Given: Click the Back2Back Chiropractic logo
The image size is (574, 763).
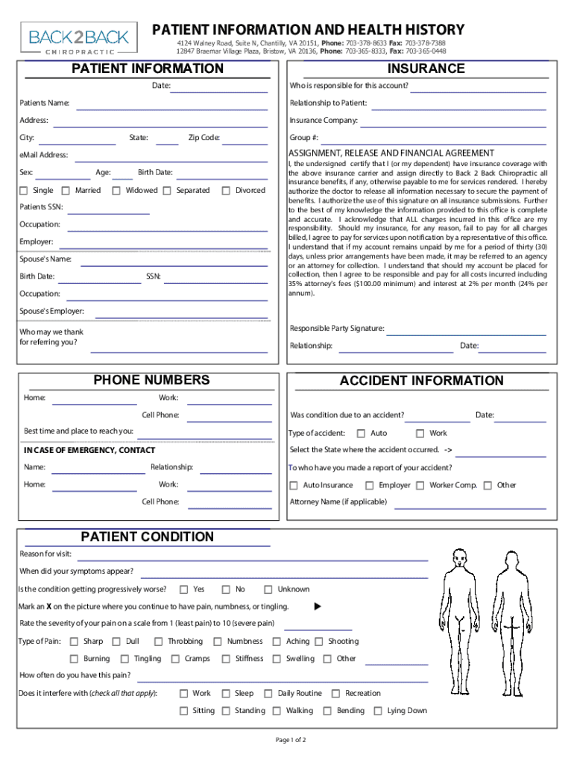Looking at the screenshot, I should coord(79,38).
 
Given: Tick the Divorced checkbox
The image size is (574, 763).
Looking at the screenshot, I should coord(226,191).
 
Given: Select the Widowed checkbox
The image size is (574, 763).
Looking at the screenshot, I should coord(116,191).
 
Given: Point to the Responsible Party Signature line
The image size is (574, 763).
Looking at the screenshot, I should coord(467,332).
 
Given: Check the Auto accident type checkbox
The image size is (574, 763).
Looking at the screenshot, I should coord(361,434).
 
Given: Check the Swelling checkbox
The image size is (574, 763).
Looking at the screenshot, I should coord(277,659).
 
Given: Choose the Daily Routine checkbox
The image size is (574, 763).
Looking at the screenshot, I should coord(268,694).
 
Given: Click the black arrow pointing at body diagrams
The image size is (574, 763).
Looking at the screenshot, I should coord(317,607).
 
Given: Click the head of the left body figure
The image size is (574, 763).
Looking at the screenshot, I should coord(461,558).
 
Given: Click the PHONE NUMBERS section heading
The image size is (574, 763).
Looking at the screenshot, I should coord(151,380).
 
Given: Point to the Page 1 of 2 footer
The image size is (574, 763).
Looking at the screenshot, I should coord(291,740).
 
